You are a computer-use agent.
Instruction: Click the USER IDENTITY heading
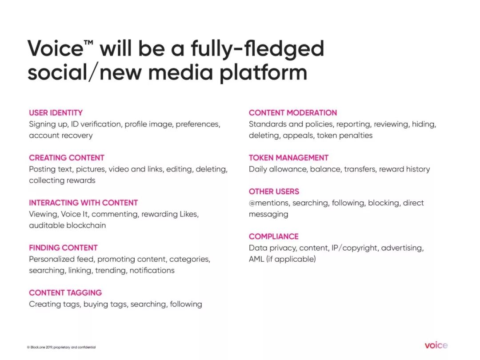pos(56,112)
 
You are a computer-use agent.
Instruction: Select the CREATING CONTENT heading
pos(67,158)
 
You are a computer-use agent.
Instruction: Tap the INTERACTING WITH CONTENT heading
pos(83,203)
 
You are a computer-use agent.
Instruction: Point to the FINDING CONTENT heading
pos(63,248)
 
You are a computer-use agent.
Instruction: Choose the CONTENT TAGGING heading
pos(65,292)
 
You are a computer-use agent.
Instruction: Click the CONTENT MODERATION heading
pos(292,112)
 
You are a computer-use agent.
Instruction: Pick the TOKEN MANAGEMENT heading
pos(288,158)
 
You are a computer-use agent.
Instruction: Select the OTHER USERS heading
pos(274,191)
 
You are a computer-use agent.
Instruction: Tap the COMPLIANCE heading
pos(273,236)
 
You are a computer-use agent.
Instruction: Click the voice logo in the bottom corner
pos(436,345)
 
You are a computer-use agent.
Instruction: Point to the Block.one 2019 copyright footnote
pos(61,347)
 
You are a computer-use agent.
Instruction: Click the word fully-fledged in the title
pos(257,49)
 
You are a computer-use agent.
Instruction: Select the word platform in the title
pos(263,73)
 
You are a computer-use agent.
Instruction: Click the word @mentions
pos(268,203)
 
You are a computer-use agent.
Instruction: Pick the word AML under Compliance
pos(256,259)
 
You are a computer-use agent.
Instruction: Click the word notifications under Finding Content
pos(152,270)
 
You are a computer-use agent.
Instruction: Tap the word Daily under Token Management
pos(258,169)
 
